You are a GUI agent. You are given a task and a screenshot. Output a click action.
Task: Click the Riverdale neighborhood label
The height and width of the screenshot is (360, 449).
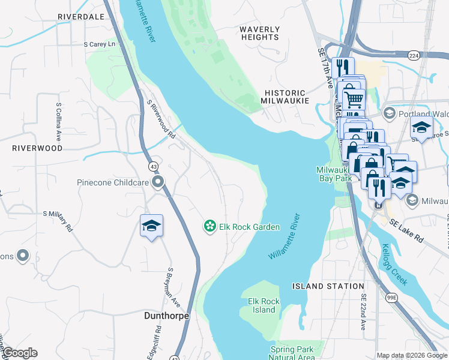[x=81, y=17]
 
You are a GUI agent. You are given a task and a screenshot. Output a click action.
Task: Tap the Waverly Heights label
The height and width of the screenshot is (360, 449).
[x=259, y=33]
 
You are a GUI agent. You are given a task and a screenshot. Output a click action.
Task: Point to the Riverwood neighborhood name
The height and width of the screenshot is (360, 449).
[x=37, y=148]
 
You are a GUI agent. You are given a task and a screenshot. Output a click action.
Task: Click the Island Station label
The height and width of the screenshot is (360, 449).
[x=328, y=287]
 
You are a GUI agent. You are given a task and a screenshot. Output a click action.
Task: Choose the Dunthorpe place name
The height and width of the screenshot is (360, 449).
[x=167, y=316]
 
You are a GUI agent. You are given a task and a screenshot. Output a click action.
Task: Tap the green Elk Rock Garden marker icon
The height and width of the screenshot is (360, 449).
[x=210, y=226]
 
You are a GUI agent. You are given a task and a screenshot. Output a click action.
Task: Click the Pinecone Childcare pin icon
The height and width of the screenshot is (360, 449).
[x=158, y=182]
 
